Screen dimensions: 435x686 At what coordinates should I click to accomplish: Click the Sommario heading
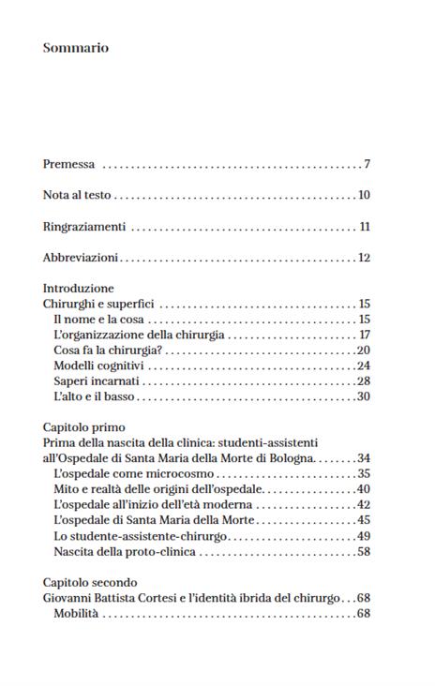76,48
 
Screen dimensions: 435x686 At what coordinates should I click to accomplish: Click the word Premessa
68,165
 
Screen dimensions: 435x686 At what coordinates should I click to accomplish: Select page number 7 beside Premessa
367,165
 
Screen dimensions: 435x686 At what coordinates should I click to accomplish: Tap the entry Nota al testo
77,196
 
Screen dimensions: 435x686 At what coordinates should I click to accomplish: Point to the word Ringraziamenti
84,227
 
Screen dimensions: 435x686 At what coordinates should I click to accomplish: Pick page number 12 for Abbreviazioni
365,258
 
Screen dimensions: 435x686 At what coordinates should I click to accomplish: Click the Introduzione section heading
79,289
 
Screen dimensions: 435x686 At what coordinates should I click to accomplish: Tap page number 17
365,335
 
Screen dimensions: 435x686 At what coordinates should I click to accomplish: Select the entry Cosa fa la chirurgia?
109,350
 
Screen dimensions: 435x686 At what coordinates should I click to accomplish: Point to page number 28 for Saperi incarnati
364,380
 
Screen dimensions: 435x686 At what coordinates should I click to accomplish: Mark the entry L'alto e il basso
95,396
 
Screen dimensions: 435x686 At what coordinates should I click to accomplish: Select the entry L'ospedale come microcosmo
134,473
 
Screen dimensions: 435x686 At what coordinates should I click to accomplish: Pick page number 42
364,504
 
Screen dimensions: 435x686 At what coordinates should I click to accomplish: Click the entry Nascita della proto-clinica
125,551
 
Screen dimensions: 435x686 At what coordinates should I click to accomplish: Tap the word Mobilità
76,613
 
